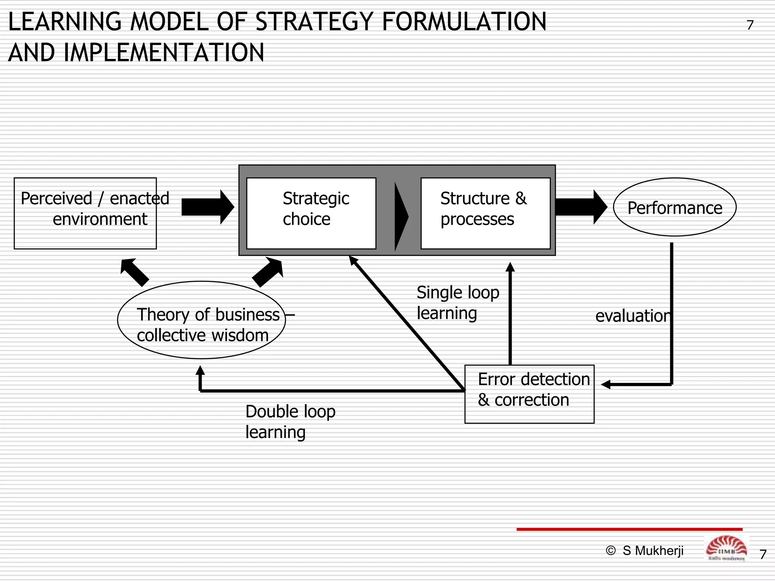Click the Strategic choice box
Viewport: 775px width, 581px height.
click(x=311, y=213)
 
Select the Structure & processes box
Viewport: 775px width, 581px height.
click(x=485, y=213)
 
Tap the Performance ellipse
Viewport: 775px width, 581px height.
click(x=674, y=207)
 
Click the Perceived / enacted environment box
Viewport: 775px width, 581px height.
click(x=85, y=213)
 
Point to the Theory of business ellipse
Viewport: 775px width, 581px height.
click(x=201, y=320)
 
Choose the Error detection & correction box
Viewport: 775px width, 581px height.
click(x=529, y=394)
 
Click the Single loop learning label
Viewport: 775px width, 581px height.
click(x=458, y=303)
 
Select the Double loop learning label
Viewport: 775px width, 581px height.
click(x=290, y=421)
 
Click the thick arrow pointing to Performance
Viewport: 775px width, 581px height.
click(x=581, y=207)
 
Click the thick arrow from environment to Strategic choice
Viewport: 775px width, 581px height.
click(x=207, y=207)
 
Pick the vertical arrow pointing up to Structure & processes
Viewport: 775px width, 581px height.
click(x=510, y=314)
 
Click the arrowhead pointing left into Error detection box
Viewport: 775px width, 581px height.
click(x=607, y=385)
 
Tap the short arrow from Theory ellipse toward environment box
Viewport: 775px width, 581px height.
click(x=134, y=272)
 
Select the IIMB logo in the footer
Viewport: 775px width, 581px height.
click(x=726, y=548)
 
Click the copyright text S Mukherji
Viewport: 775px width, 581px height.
click(x=645, y=551)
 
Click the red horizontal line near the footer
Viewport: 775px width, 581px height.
click(x=629, y=529)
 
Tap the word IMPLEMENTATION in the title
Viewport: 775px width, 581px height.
click(x=164, y=53)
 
